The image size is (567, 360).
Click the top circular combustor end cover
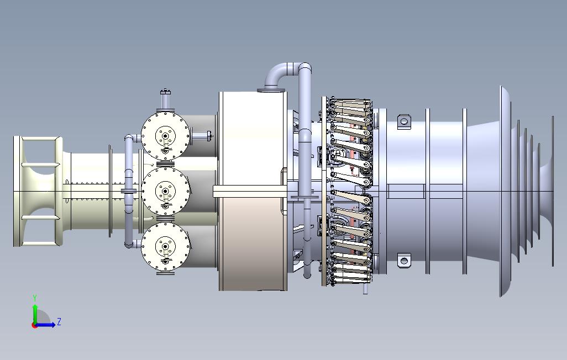tap(165, 136)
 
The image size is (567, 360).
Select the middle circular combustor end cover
tap(165, 191)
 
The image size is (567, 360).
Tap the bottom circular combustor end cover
tap(165, 246)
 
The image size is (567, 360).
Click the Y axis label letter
tap(35, 298)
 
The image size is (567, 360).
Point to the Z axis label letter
tap(59, 321)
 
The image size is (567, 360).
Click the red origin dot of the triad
tap(34, 325)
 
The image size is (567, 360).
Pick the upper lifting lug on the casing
tap(404, 121)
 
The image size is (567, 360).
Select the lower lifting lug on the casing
tap(404, 261)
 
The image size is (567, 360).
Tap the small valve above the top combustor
tap(165, 99)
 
